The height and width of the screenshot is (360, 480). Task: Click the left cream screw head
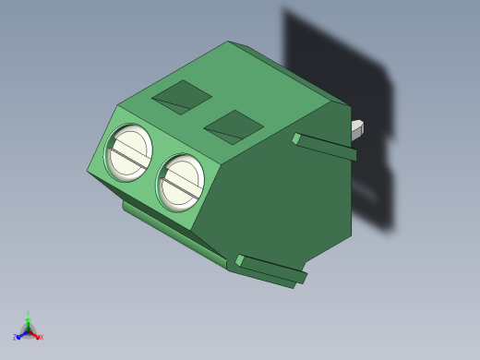(x=128, y=152)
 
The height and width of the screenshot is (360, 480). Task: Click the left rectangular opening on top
(x=182, y=95)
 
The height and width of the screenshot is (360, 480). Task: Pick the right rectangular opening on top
(x=234, y=126)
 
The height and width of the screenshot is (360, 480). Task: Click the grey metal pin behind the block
(x=357, y=129)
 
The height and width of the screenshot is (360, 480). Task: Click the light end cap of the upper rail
(x=296, y=138)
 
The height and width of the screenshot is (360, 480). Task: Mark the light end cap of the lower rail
(x=239, y=261)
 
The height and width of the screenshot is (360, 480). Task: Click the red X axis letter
(x=41, y=338)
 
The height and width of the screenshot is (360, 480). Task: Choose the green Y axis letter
(x=29, y=315)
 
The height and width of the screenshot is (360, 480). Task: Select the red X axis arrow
(x=35, y=334)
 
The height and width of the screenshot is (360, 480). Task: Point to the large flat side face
(x=277, y=194)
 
